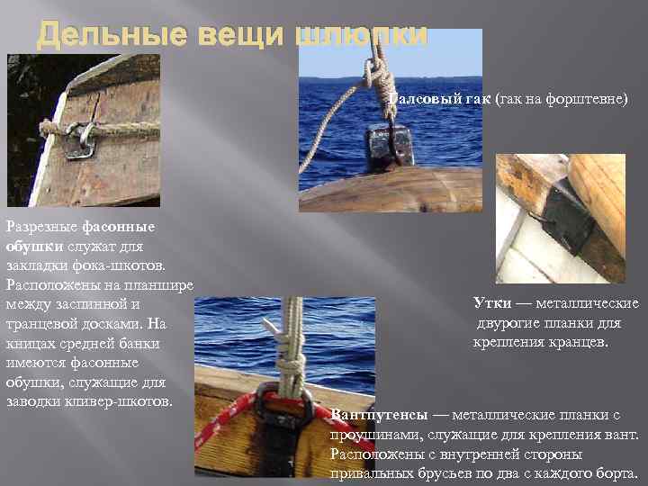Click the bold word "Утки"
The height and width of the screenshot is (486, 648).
[x=494, y=303]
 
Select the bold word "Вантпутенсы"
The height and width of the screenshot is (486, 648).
[x=378, y=416]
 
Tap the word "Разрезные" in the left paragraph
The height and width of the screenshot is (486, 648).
[x=41, y=226]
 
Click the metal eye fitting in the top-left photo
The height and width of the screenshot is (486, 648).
[x=79, y=139]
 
